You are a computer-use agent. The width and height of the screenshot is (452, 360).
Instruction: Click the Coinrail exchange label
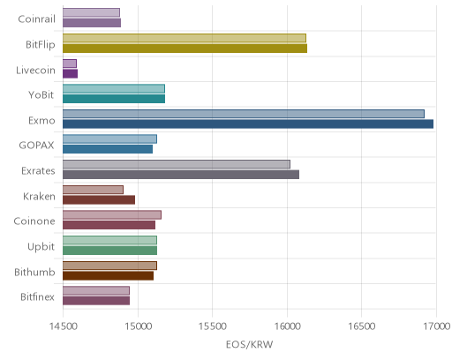click(x=36, y=19)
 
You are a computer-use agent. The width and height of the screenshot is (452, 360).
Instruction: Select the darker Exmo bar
click(x=248, y=124)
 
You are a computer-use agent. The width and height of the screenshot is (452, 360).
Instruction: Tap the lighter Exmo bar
click(x=244, y=114)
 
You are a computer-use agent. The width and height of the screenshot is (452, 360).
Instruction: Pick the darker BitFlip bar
click(x=185, y=49)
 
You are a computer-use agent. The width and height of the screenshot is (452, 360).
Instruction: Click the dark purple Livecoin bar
click(x=70, y=73)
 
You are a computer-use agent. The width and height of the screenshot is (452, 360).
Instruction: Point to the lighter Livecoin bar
click(x=70, y=64)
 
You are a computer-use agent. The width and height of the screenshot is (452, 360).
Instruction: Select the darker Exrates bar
click(x=181, y=175)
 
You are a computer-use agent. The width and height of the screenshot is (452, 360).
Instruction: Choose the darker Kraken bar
click(x=99, y=199)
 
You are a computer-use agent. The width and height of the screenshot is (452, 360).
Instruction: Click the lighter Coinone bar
click(x=112, y=214)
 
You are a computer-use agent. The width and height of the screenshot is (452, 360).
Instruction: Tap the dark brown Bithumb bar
click(x=108, y=275)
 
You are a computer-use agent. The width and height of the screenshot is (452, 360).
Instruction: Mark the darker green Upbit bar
click(x=109, y=251)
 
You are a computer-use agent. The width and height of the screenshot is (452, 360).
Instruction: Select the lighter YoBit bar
click(x=114, y=88)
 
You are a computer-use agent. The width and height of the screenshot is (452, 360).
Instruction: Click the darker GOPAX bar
click(x=108, y=149)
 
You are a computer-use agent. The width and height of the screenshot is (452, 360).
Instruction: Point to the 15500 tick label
click(x=213, y=326)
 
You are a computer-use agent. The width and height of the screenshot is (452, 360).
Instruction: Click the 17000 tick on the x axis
click(x=437, y=326)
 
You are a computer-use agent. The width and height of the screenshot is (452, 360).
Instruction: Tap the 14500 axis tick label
click(x=63, y=326)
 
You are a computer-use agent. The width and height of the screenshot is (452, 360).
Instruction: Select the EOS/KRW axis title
click(x=250, y=344)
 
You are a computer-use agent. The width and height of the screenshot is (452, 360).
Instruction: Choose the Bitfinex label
click(x=37, y=297)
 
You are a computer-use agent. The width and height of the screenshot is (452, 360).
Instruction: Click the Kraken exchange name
click(x=39, y=196)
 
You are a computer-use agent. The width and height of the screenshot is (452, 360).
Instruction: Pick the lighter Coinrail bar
click(x=91, y=12)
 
